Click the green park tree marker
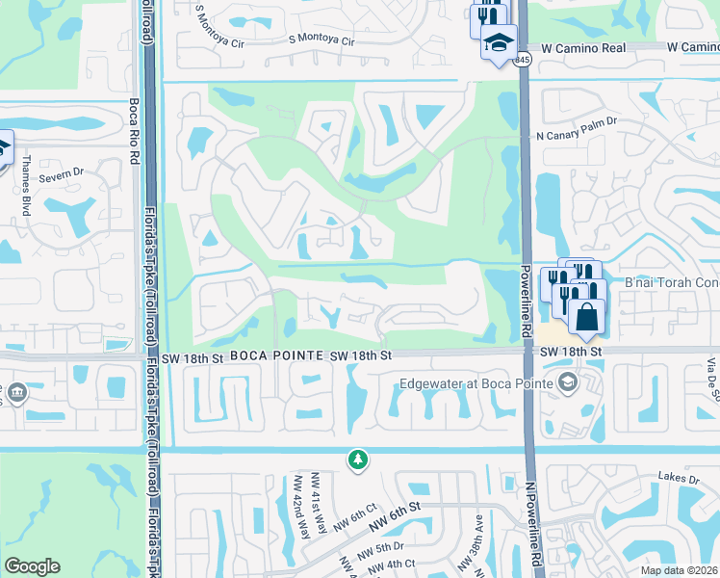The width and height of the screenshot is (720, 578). (358, 460)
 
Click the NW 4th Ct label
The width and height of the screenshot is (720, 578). (395, 563)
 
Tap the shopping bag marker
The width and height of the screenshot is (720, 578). (586, 316)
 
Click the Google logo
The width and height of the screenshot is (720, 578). (32, 566)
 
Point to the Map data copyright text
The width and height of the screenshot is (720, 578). (666, 570)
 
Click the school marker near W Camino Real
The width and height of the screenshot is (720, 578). (500, 42)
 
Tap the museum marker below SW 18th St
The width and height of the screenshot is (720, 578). (17, 392)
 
